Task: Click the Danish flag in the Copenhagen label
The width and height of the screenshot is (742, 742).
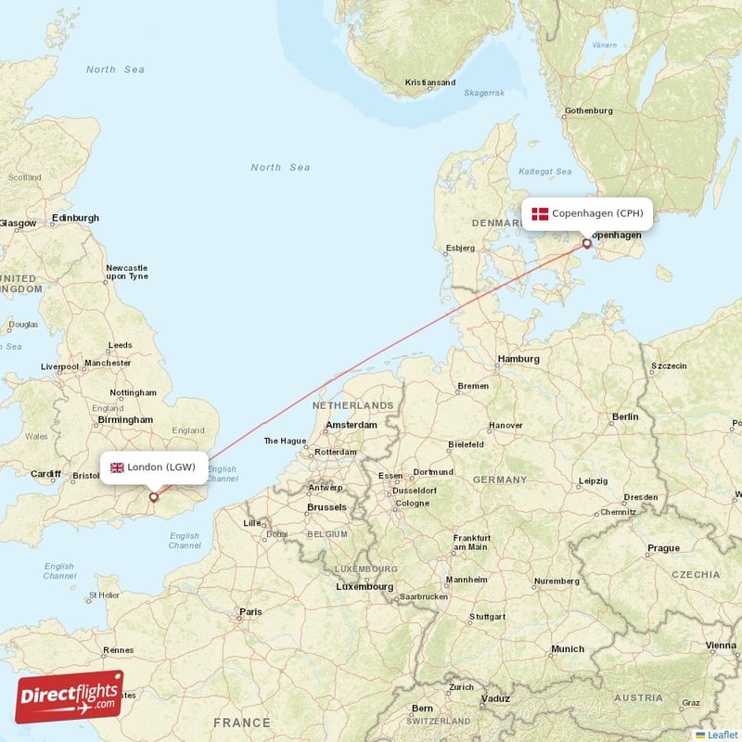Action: (540, 214)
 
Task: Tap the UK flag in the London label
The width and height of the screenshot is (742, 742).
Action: (117, 467)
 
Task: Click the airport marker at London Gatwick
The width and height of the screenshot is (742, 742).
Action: (154, 497)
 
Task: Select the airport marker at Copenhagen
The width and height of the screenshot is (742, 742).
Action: (586, 244)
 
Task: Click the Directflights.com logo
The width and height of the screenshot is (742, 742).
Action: (70, 697)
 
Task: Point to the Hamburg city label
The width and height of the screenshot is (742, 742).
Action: (518, 359)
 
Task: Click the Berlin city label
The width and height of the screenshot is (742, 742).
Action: (625, 417)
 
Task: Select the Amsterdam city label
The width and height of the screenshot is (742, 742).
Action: (352, 425)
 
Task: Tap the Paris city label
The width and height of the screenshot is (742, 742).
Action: (250, 612)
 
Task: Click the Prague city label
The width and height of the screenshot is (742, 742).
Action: (663, 548)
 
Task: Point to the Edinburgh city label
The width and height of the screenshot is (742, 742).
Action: (75, 218)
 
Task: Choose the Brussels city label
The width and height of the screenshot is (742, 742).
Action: (326, 507)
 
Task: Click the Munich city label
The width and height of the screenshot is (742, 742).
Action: (568, 649)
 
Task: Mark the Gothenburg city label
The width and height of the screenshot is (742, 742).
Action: (589, 111)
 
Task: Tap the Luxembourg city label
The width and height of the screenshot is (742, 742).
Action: (365, 586)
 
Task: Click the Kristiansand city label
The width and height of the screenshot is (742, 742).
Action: (430, 83)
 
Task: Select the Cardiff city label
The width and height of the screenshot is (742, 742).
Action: (45, 474)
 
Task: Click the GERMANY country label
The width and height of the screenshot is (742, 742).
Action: (500, 480)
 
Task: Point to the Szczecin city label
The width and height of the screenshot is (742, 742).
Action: (669, 366)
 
